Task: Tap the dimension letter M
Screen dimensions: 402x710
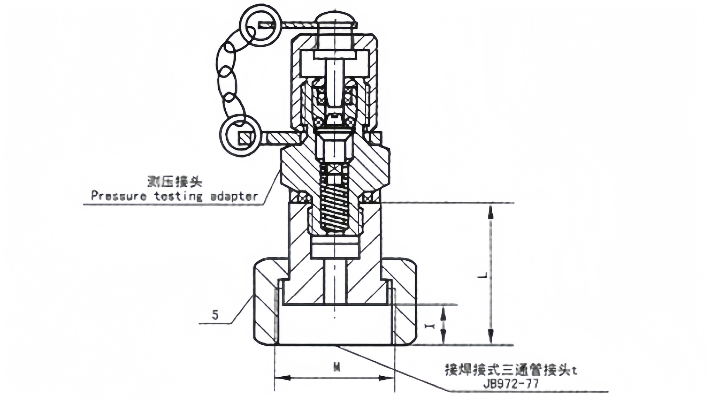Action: pyautogui.click(x=336, y=367)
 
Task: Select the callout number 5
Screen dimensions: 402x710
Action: pyautogui.click(x=215, y=315)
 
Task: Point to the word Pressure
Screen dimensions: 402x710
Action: pyautogui.click(x=119, y=196)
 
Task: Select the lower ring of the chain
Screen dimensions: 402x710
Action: pyautogui.click(x=240, y=136)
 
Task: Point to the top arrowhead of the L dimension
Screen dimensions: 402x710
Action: pyautogui.click(x=491, y=212)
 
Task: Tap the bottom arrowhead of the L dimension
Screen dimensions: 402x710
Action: pyautogui.click(x=491, y=335)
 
